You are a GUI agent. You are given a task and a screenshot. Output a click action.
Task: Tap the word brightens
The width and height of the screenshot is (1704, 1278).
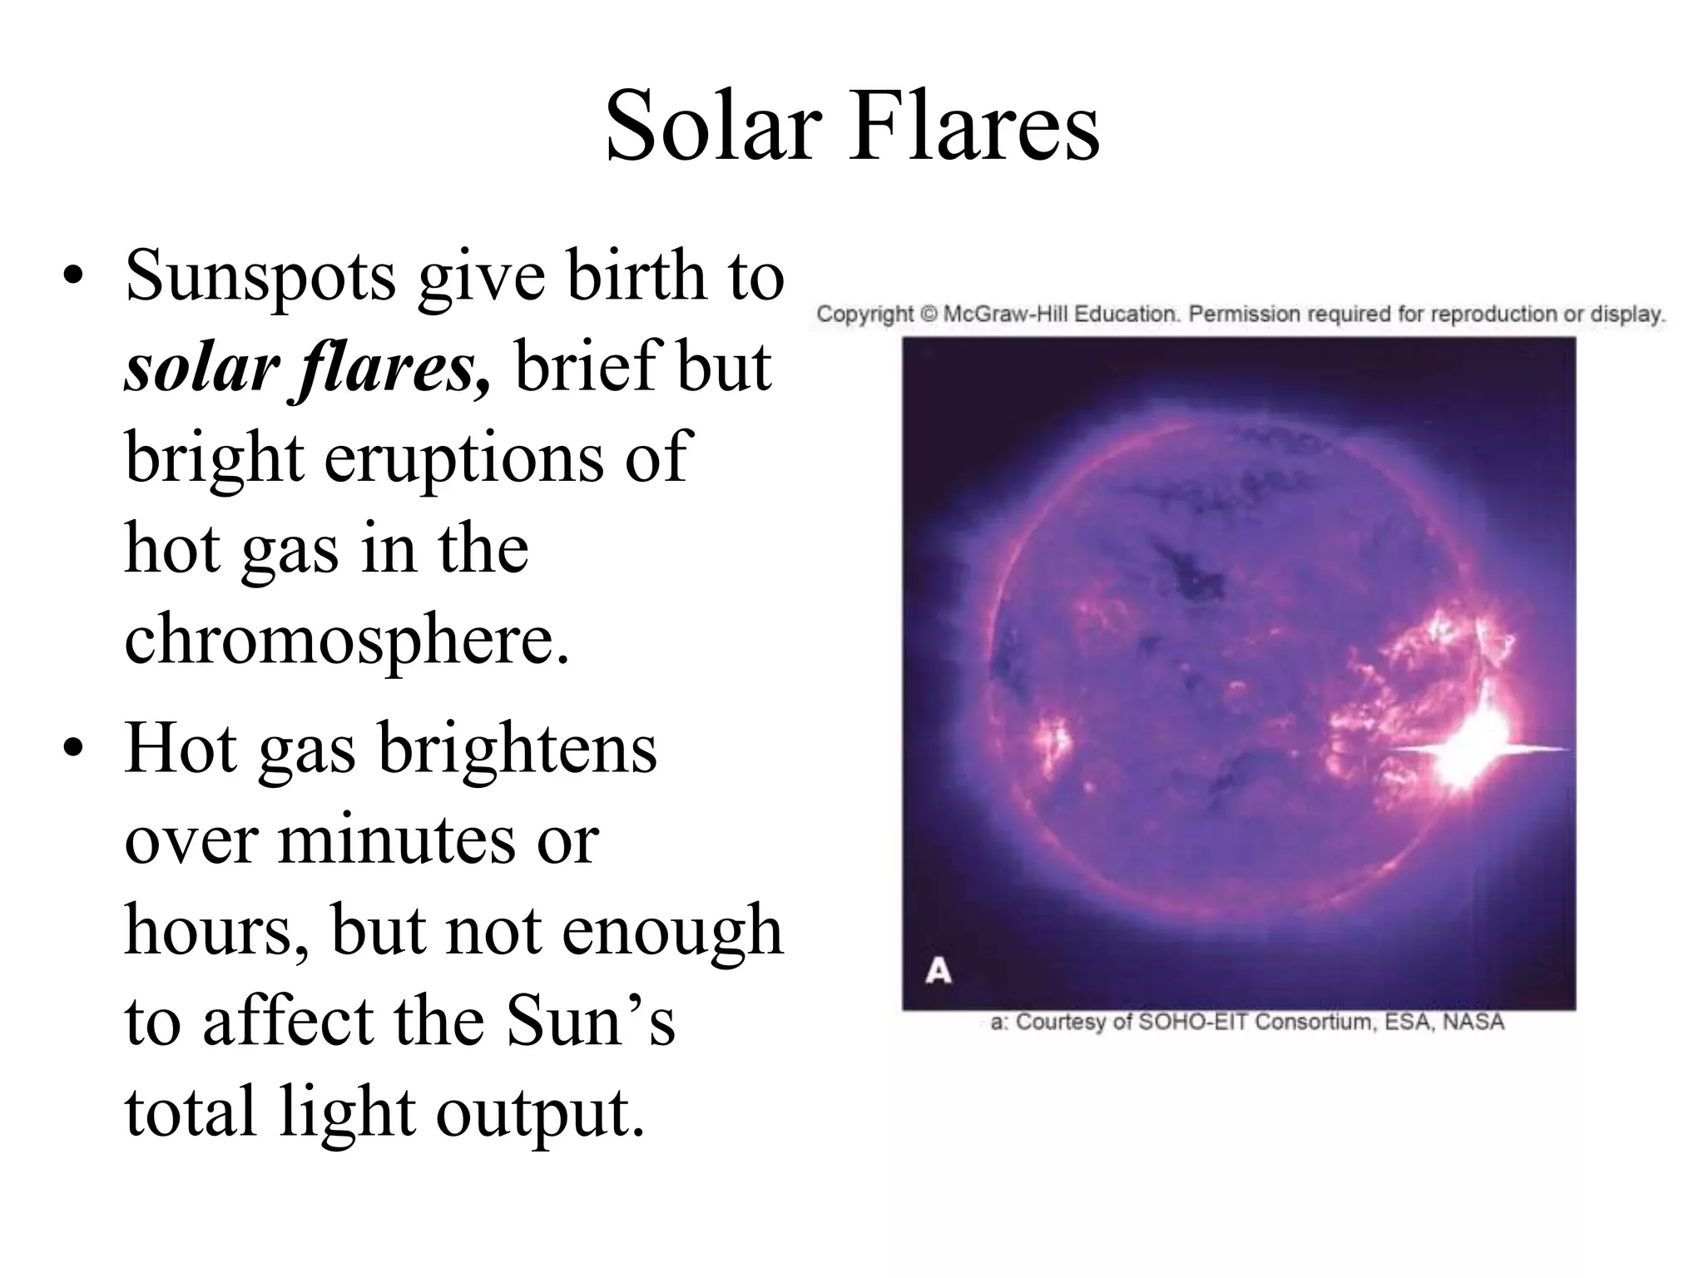(518, 748)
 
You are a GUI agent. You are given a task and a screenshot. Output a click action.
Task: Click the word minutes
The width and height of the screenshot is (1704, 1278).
(394, 840)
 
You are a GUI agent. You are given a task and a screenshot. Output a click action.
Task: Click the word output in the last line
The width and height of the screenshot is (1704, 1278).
(540, 1112)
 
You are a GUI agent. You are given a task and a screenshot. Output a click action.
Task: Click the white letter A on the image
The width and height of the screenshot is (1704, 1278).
(939, 971)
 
